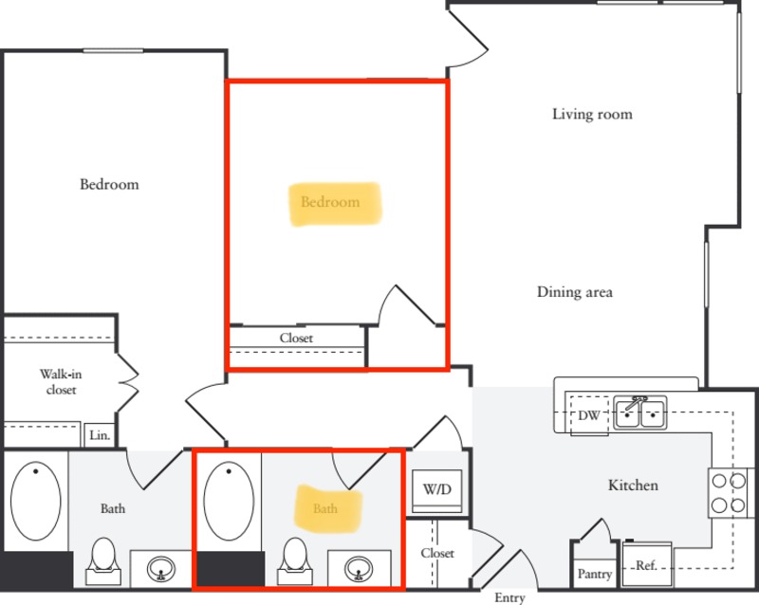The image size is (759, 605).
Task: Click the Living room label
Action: click(x=592, y=115)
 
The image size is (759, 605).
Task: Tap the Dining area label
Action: click(x=574, y=292)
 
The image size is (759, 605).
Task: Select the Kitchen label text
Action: click(x=633, y=486)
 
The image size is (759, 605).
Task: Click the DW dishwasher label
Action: click(x=587, y=415)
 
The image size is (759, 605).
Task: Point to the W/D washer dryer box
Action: click(x=436, y=490)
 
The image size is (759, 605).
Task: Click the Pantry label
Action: click(x=595, y=574)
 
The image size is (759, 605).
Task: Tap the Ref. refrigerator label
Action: click(x=646, y=566)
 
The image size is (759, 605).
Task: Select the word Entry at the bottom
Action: click(x=509, y=597)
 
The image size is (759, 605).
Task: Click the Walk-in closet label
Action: click(x=58, y=381)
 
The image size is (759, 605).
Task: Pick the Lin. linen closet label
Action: click(x=100, y=436)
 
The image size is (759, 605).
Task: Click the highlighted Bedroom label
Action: click(x=330, y=202)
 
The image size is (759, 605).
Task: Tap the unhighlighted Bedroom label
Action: click(x=109, y=184)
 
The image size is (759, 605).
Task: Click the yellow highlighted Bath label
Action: click(x=325, y=508)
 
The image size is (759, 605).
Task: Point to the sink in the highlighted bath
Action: click(x=358, y=569)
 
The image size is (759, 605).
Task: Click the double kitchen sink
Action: click(x=640, y=412)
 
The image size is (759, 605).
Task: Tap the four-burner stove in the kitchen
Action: click(x=728, y=492)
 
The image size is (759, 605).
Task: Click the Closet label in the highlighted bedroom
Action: click(x=296, y=338)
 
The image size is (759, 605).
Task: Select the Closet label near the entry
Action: click(x=437, y=553)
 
